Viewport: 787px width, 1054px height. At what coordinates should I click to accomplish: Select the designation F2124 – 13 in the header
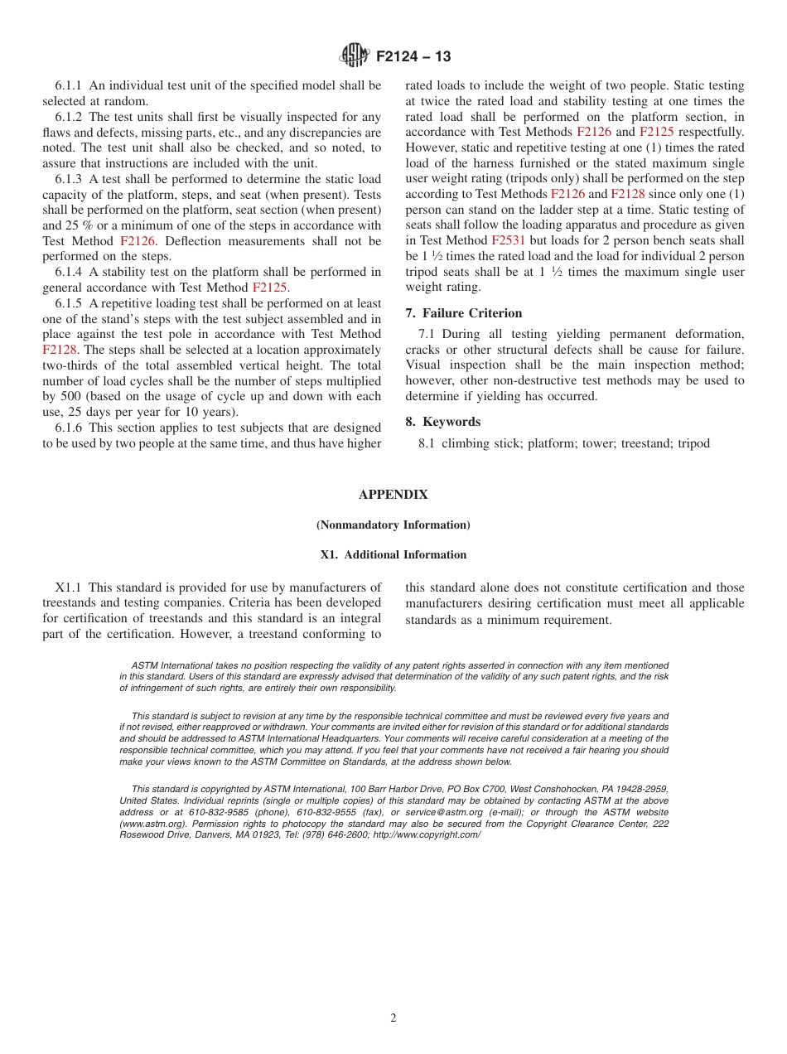413,56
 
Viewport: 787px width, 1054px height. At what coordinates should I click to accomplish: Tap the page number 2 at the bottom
393,1018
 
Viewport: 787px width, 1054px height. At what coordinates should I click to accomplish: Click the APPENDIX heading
393,495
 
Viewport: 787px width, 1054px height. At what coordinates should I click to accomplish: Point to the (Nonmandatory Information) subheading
393,525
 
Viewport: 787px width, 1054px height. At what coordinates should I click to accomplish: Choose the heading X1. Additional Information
393,555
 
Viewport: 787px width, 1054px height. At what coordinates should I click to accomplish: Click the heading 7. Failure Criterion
464,313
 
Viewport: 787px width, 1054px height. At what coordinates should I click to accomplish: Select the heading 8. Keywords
443,422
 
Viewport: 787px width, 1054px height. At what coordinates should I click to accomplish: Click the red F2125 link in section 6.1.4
270,288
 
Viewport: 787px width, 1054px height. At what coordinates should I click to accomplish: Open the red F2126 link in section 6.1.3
138,241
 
